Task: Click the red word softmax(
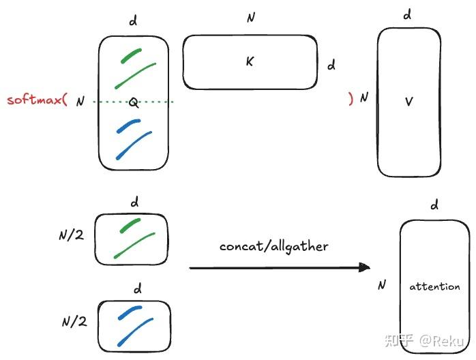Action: coord(37,100)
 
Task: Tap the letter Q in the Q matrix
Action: coord(134,103)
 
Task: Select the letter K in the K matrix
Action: coord(250,61)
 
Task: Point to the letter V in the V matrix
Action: coord(409,101)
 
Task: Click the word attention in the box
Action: coord(434,286)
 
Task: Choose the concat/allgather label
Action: coord(273,245)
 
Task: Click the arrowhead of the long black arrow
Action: coord(365,268)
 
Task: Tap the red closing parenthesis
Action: coord(351,98)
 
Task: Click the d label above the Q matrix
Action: coord(133,21)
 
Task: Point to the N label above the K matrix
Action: coord(250,17)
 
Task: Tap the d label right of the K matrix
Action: coord(331,65)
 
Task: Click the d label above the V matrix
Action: coord(408,14)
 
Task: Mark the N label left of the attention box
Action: coord(382,284)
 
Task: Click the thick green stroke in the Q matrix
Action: coord(130,56)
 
